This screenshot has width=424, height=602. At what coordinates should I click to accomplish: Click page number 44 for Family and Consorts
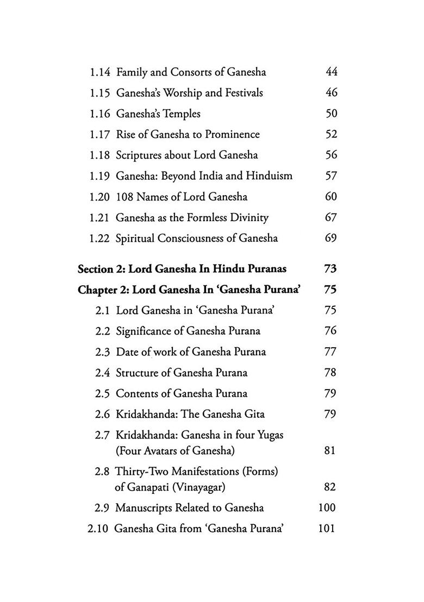point(331,72)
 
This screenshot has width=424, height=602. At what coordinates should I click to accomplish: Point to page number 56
point(331,155)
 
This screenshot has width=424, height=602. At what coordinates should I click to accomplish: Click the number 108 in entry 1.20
point(125,197)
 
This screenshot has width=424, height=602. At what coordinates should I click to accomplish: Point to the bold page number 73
point(330,269)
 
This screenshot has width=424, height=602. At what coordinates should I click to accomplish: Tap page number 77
point(330,352)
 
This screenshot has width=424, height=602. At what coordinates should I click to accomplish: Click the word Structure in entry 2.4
point(137,373)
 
